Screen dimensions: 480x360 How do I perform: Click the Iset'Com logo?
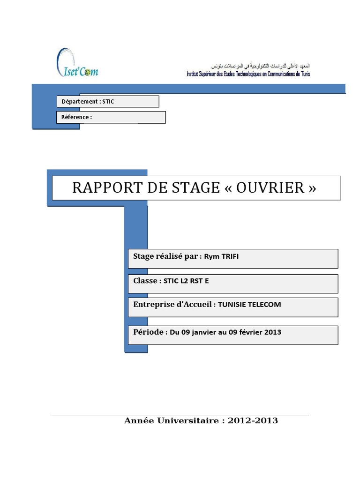coord(77,63)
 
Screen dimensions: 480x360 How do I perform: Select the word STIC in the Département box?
coord(108,101)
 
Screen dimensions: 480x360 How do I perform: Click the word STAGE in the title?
coord(198,188)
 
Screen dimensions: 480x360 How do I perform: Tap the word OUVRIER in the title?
coord(270,188)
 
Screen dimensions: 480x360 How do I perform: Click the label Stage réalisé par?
coord(165,256)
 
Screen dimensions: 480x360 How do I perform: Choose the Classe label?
coord(146,281)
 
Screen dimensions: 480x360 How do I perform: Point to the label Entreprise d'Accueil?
coord(172,305)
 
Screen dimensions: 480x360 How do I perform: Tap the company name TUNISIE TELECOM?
coord(250,305)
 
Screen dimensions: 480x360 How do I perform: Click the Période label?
coord(148,332)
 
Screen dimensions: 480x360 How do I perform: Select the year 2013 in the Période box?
coord(273,332)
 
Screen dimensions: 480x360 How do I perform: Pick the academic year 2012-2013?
coord(253,421)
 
